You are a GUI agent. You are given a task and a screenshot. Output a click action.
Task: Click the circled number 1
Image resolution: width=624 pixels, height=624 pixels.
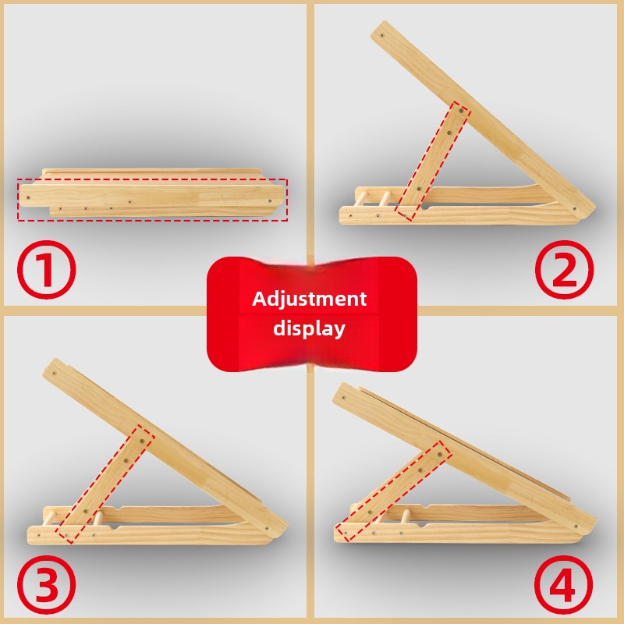point(46,269)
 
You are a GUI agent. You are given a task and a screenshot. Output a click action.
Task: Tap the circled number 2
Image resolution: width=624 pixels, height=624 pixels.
point(564,269)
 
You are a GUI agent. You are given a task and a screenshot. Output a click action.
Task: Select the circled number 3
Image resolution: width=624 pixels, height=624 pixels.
point(46,584)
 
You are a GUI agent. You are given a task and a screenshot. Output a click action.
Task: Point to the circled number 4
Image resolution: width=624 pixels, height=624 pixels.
point(563,585)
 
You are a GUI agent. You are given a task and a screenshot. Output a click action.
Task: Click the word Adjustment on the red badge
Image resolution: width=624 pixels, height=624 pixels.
point(309,299)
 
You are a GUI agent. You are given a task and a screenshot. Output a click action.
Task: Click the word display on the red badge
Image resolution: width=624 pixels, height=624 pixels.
point(309,328)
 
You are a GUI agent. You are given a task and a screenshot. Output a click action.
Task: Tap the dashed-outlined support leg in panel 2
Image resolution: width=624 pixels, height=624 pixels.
point(433,161)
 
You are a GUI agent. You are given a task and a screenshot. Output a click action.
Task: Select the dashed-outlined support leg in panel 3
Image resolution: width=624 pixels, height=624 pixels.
point(105,484)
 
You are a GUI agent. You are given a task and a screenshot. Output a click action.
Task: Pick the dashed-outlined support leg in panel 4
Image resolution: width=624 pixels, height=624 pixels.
point(394,491)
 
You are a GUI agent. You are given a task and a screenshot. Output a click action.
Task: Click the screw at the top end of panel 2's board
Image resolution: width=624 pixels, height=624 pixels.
point(382,35)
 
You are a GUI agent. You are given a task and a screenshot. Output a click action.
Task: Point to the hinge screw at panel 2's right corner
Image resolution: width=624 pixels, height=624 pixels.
point(574,208)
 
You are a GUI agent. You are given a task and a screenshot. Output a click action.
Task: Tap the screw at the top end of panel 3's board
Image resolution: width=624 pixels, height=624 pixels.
point(54,374)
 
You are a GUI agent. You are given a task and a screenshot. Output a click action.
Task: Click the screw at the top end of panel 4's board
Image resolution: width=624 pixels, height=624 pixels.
point(344,397)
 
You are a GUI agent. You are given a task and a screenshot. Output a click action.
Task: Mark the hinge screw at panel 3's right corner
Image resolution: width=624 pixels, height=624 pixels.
point(267,529)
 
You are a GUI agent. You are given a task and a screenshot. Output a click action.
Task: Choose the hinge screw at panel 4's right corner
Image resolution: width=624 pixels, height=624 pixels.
point(576,527)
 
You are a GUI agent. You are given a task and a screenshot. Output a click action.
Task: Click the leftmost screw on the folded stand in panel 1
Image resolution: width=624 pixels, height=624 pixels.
point(28,197)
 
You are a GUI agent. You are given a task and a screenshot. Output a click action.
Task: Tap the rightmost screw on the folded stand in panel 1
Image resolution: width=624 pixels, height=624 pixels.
point(270,201)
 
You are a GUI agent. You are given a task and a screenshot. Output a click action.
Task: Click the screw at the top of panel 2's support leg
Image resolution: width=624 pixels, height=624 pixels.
point(461,111)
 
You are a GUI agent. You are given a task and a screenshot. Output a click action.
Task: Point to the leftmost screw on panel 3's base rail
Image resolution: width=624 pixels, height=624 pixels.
point(38,535)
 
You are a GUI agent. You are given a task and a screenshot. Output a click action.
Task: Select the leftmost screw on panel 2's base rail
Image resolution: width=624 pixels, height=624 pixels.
point(350,216)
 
